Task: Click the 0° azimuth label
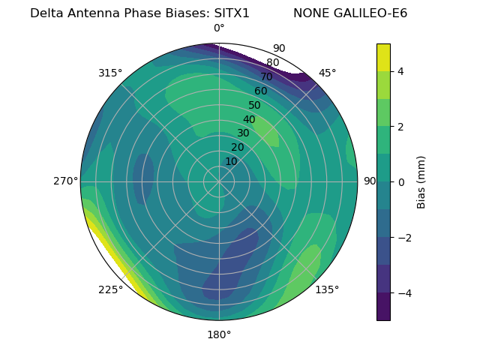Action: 219,28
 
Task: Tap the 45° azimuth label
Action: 327,73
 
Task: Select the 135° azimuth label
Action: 327,289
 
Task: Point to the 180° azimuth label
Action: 219,334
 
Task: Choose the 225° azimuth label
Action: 110,289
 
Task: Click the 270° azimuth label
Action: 65,181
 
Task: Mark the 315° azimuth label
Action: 110,73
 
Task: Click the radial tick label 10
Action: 231,161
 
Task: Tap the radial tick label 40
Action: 249,119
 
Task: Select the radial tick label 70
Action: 266,76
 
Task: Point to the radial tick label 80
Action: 272,63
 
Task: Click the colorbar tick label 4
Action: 400,71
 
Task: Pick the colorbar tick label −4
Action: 403,292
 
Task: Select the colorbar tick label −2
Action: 403,237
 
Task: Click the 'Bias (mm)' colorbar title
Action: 421,181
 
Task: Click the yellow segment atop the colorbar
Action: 383,57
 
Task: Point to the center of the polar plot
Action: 219,181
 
